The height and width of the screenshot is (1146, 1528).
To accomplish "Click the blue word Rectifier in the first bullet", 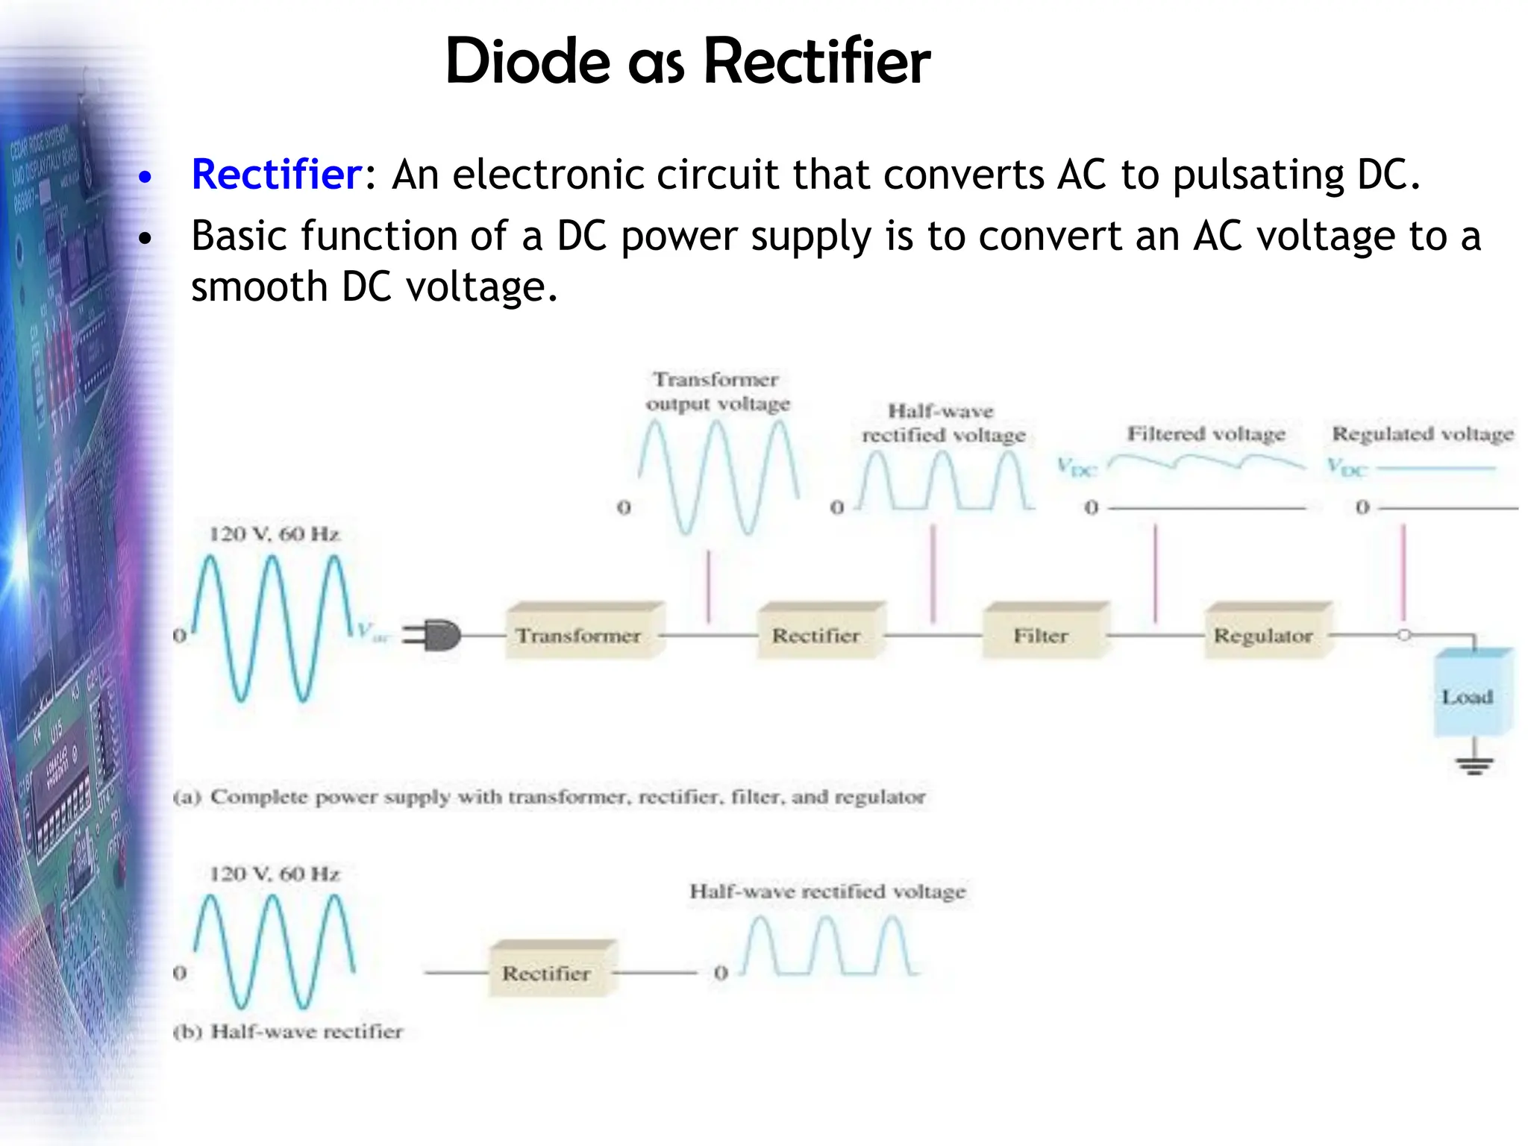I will click(x=276, y=175).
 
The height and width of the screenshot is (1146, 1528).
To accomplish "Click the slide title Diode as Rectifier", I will click(x=687, y=61).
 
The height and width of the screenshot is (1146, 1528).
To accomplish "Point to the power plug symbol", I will click(x=433, y=636).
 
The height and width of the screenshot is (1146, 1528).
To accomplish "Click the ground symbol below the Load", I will click(x=1474, y=764).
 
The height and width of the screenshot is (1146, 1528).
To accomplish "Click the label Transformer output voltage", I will click(x=718, y=392).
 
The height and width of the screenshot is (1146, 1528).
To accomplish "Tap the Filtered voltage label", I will click(x=1206, y=433).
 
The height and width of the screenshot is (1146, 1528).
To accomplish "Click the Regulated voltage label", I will click(x=1423, y=433).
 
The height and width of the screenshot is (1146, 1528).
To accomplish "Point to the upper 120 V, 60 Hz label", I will click(x=275, y=534).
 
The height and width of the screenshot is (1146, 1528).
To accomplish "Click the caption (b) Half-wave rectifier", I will click(x=288, y=1032).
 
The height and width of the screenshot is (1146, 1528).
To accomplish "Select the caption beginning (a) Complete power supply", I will click(x=549, y=797).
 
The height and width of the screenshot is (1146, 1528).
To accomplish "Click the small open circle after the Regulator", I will click(x=1404, y=635).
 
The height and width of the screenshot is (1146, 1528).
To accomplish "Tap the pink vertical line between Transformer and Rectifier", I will click(x=708, y=586).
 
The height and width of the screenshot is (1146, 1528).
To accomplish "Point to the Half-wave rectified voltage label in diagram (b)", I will click(x=827, y=892).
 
